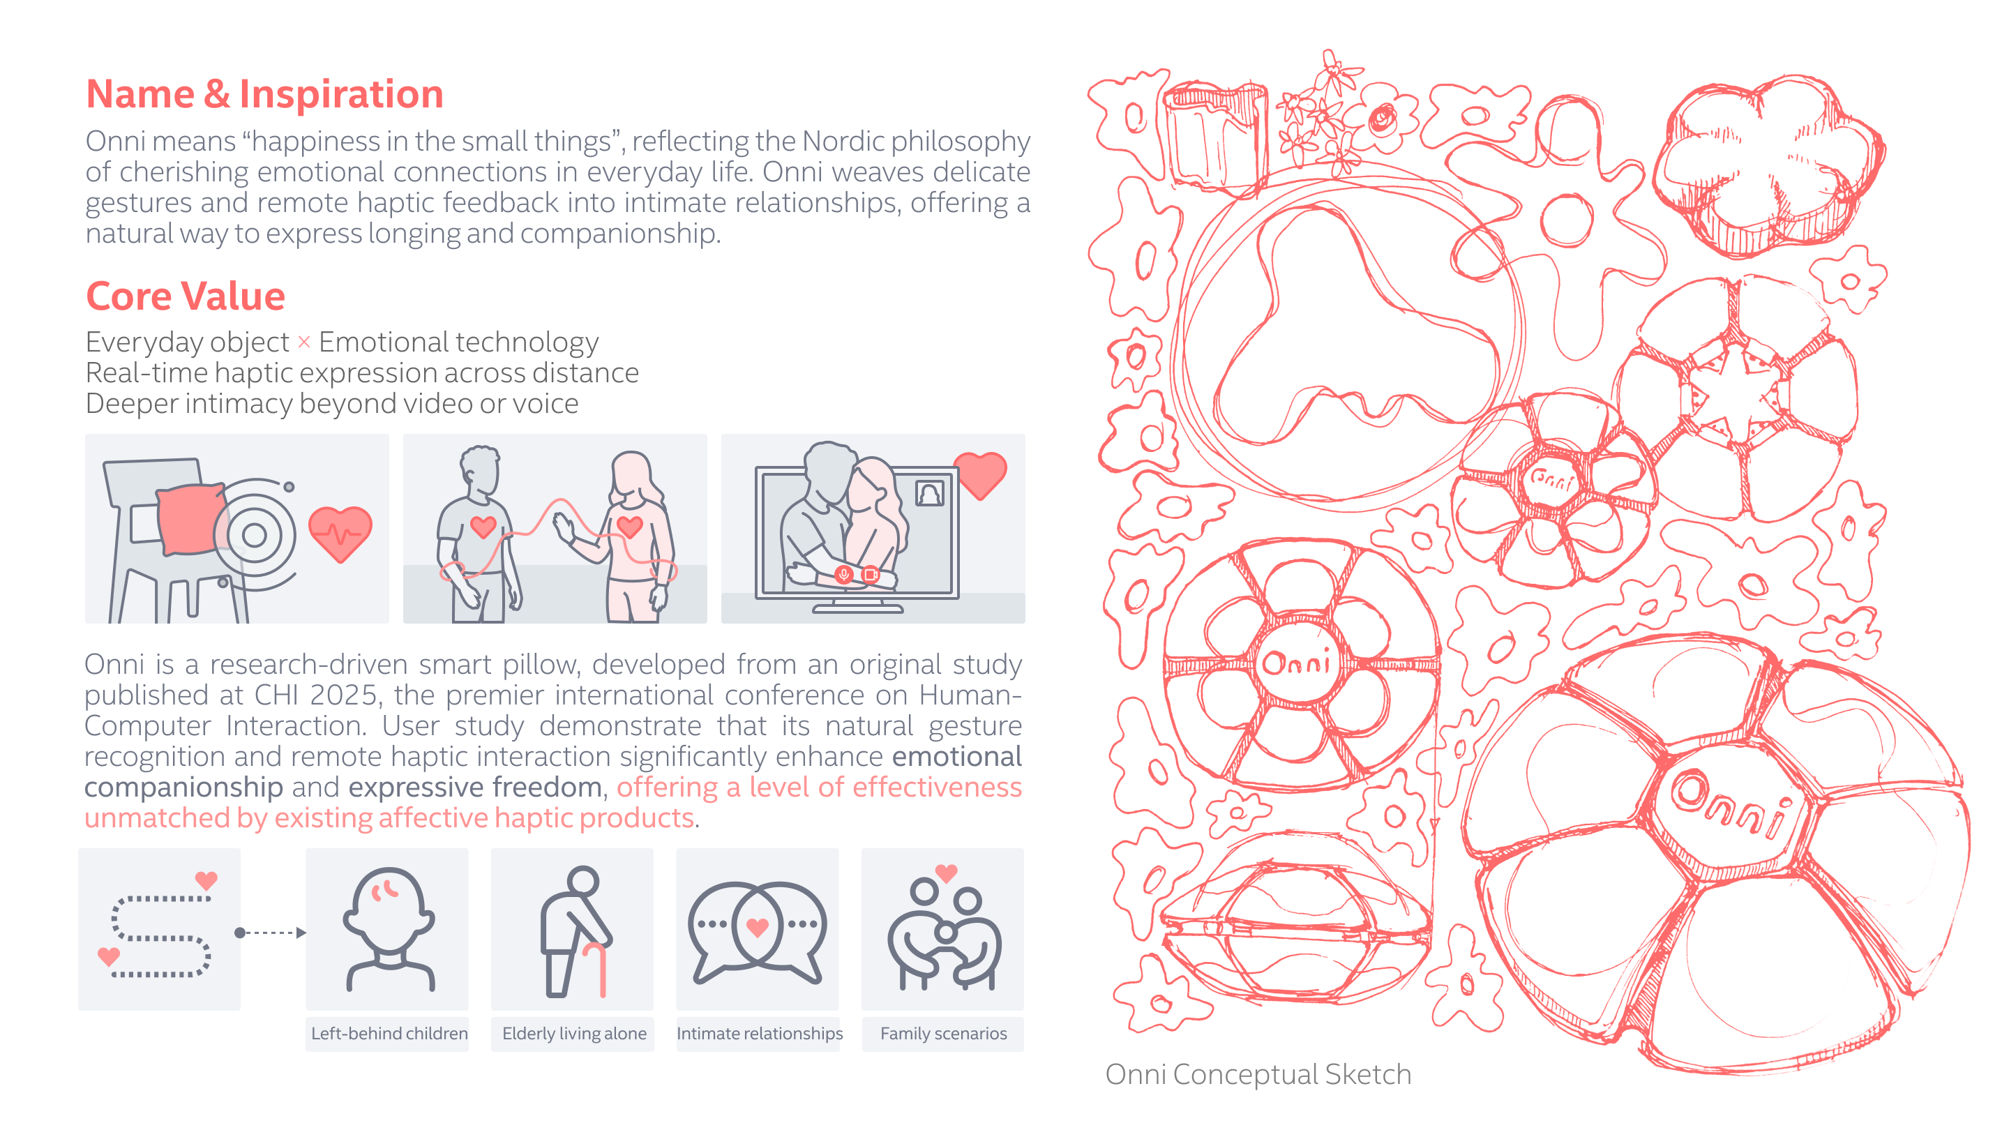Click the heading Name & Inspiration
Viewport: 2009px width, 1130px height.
coord(264,93)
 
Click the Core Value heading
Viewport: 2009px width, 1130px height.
coord(186,296)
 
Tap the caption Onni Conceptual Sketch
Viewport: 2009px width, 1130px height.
coord(1258,1075)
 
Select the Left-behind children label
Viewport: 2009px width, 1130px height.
coord(389,1033)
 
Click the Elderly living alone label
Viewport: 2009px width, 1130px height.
coord(574,1033)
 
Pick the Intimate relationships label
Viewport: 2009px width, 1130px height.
coord(760,1033)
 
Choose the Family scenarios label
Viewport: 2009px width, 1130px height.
coord(944,1033)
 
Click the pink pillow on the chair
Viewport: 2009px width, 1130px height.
coord(190,518)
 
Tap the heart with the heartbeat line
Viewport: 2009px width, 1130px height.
coord(340,534)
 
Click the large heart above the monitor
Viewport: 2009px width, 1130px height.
coord(980,474)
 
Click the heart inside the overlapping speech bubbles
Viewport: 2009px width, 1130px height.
coord(758,926)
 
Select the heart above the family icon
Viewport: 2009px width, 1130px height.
coord(946,873)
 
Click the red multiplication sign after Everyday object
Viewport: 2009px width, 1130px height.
coord(304,342)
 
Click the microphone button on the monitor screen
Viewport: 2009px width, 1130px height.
coord(844,575)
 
